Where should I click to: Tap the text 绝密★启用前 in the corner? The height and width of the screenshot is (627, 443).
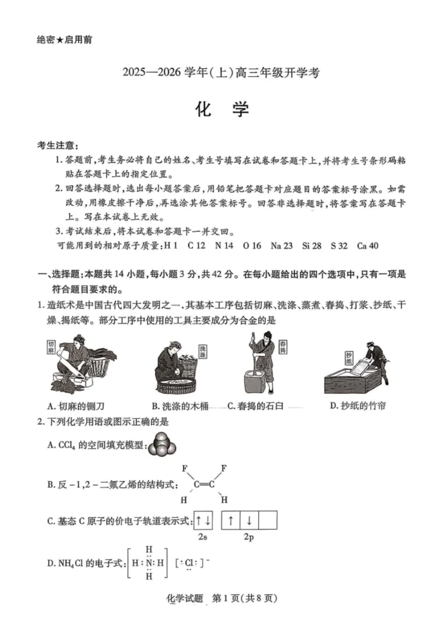[64, 40]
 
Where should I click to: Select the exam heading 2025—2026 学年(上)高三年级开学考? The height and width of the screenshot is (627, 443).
[221, 73]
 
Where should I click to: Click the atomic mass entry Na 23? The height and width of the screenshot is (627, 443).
[281, 246]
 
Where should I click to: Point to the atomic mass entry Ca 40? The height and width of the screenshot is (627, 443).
[367, 246]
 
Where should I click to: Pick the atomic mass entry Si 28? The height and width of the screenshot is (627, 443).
[311, 246]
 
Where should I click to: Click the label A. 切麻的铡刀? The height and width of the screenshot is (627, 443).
[76, 406]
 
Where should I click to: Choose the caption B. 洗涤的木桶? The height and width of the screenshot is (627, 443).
[180, 406]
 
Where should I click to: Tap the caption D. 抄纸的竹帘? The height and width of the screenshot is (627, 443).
[358, 406]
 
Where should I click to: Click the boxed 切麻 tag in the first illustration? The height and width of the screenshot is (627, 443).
[51, 347]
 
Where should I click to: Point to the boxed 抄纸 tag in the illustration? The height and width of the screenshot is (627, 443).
[349, 358]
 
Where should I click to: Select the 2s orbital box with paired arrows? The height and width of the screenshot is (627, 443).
[203, 521]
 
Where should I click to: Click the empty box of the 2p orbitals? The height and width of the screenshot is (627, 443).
[268, 521]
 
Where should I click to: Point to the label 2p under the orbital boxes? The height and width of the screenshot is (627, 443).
[249, 537]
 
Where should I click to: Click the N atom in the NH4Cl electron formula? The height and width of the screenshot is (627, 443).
[149, 563]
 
